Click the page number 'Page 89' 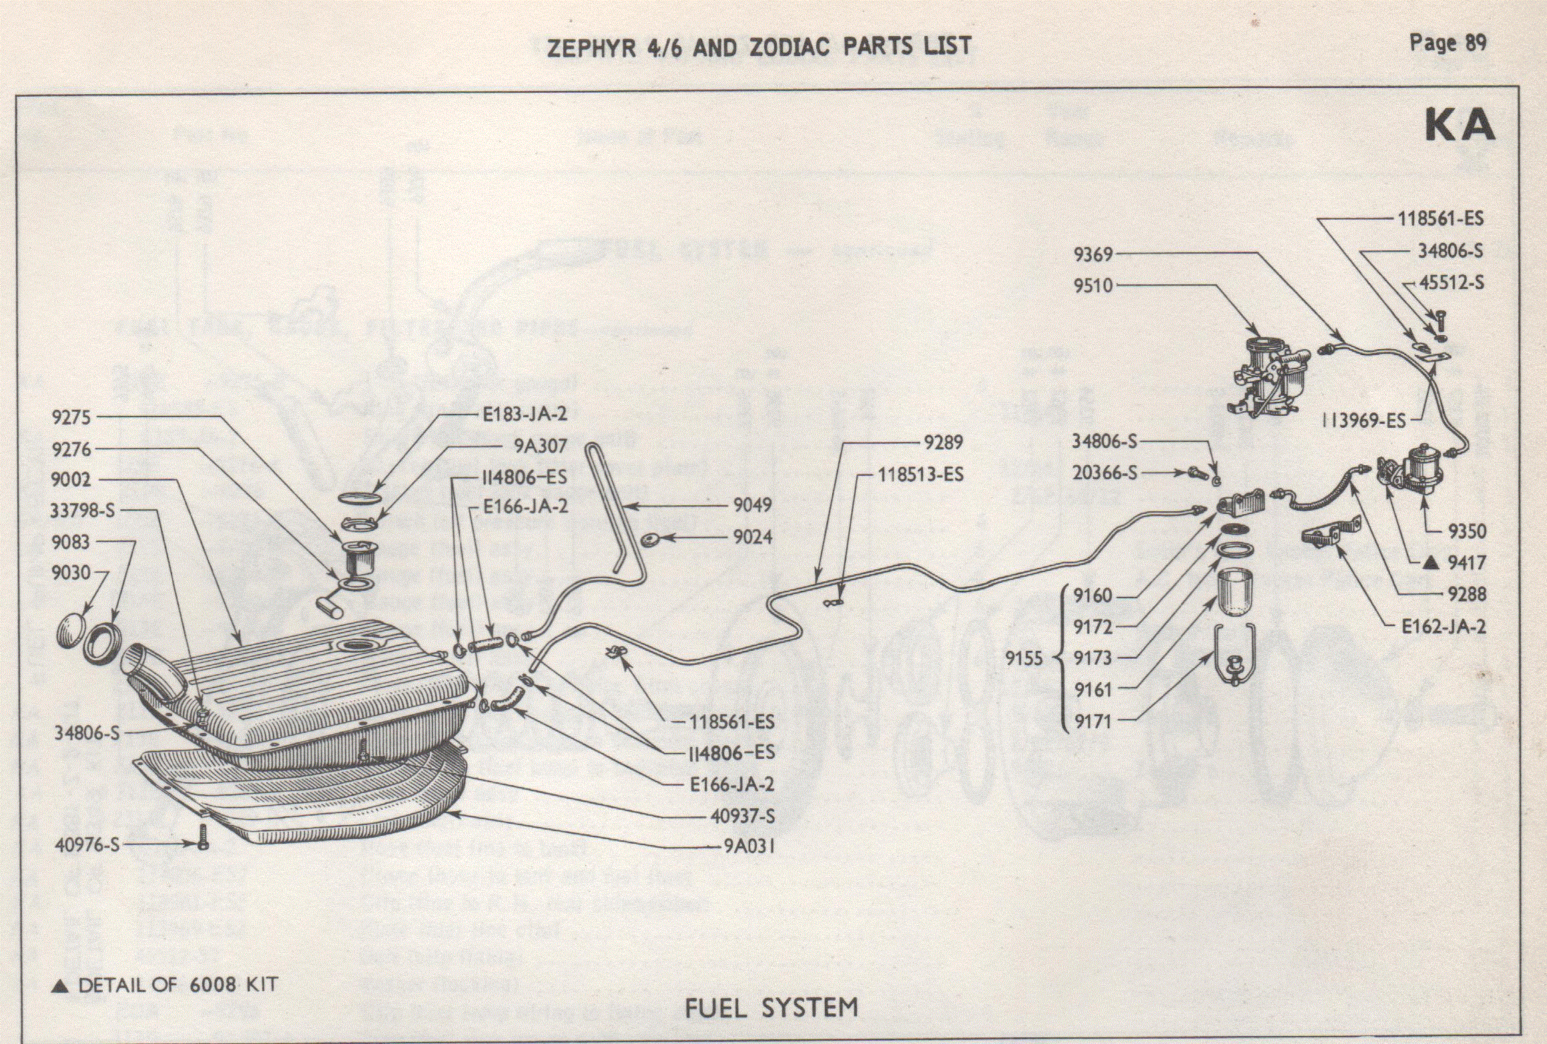click(1447, 43)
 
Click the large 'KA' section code click(1459, 125)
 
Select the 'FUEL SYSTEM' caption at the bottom click(771, 1007)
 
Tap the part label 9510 click(1093, 286)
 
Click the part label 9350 click(1467, 531)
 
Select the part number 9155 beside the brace click(1024, 658)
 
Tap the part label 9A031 click(749, 846)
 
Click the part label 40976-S click(87, 844)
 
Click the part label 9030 click(71, 573)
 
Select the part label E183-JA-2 click(525, 414)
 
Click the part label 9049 click(752, 505)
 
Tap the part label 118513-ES click(920, 475)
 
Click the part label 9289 click(943, 442)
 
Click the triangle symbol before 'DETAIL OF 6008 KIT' click(60, 986)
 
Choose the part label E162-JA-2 click(1443, 626)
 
